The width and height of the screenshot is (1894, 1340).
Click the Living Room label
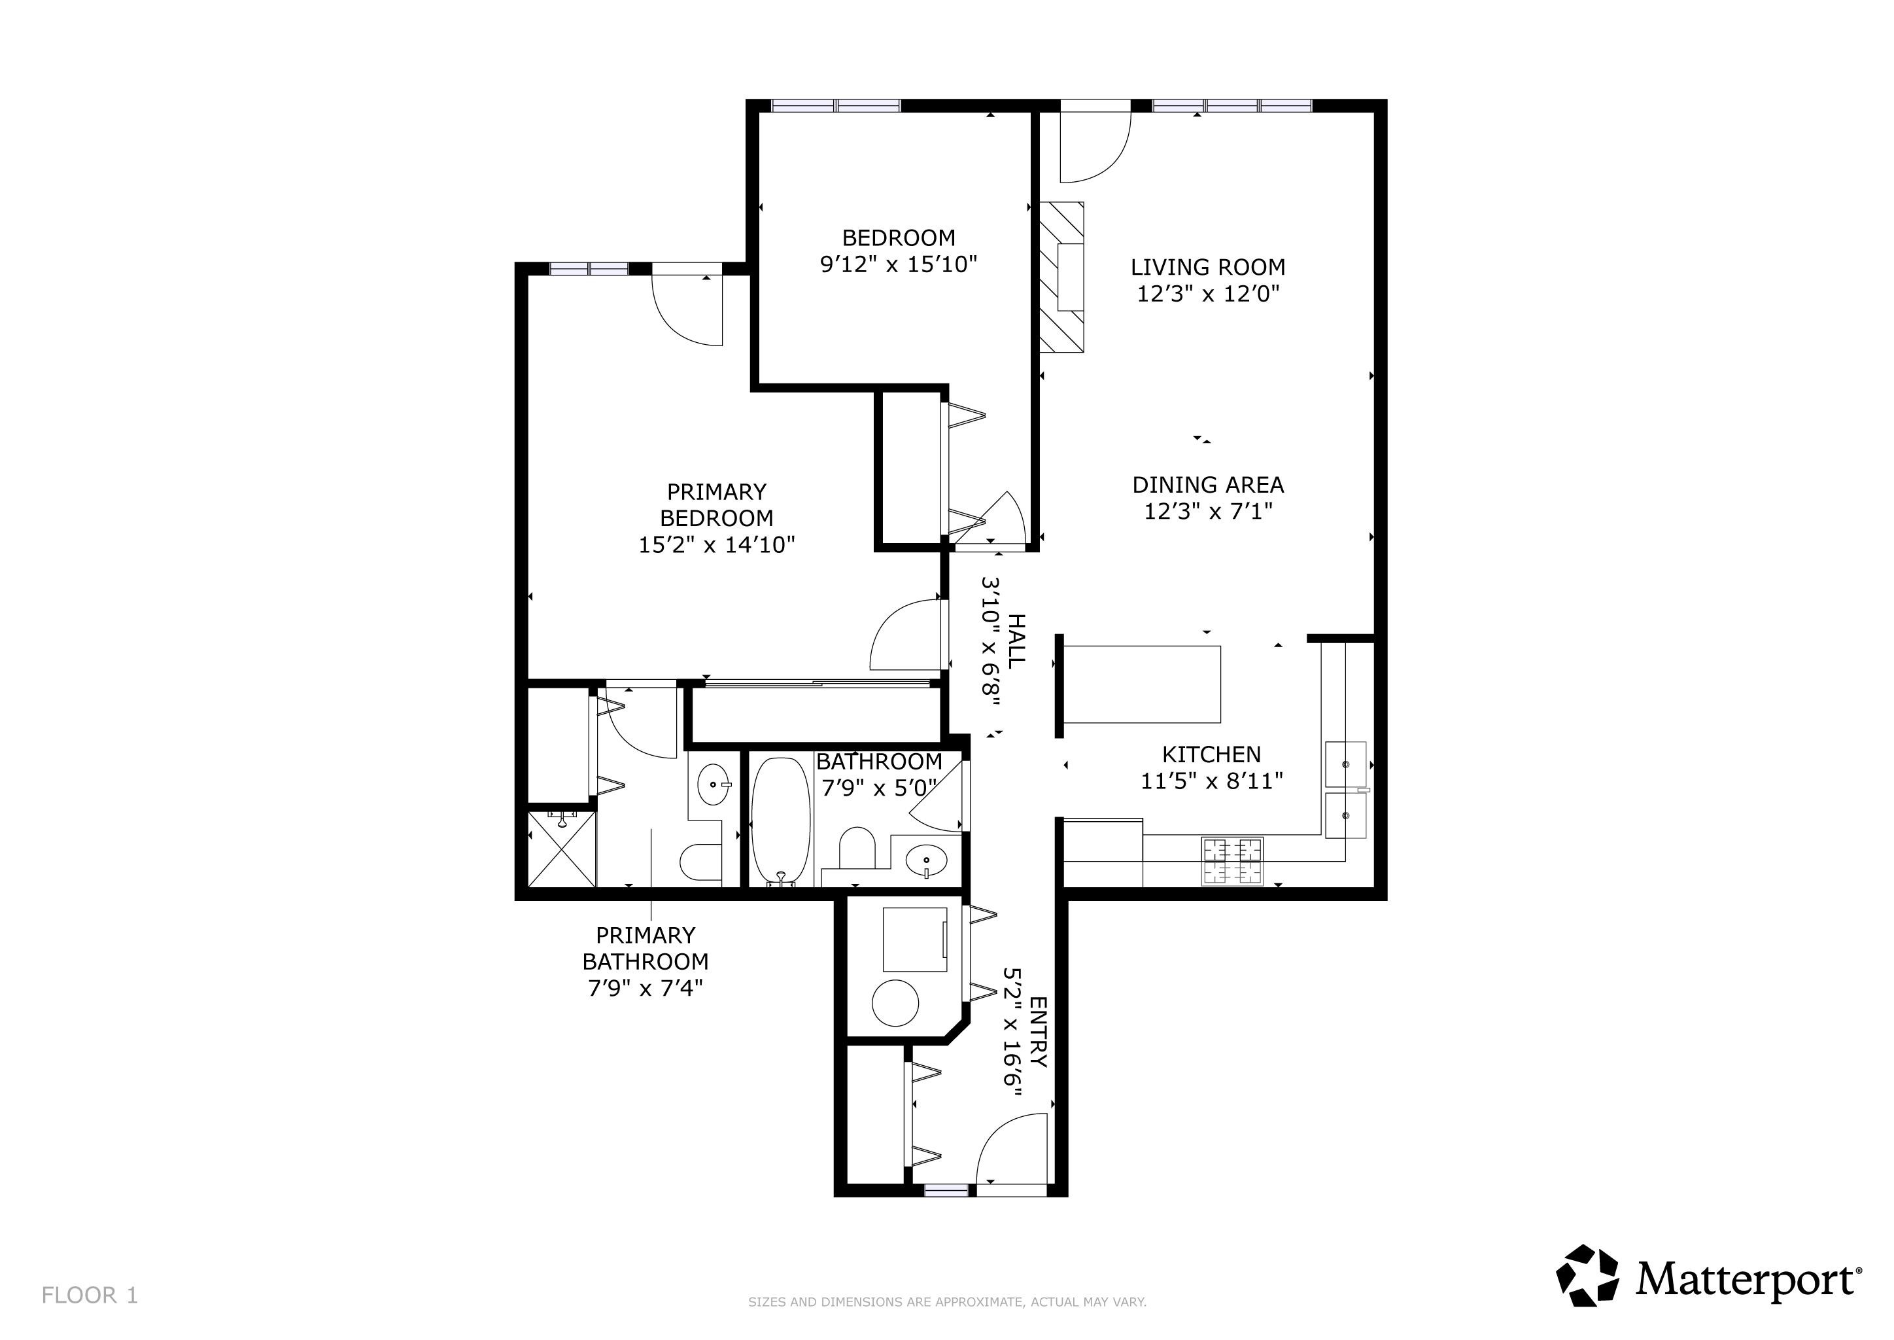[x=1208, y=268]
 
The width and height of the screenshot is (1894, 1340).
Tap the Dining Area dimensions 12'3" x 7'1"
[x=1208, y=512]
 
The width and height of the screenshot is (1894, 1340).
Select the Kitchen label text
[x=1211, y=754]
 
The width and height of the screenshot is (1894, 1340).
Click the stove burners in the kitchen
[x=1232, y=862]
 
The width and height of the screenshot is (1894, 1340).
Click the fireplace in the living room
[x=1061, y=277]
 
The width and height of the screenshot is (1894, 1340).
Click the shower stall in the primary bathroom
[x=562, y=849]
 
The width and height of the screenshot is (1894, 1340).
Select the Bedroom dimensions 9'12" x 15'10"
[x=899, y=265]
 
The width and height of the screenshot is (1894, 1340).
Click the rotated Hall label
[x=1016, y=641]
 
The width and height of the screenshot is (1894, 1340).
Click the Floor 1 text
[x=90, y=1296]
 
